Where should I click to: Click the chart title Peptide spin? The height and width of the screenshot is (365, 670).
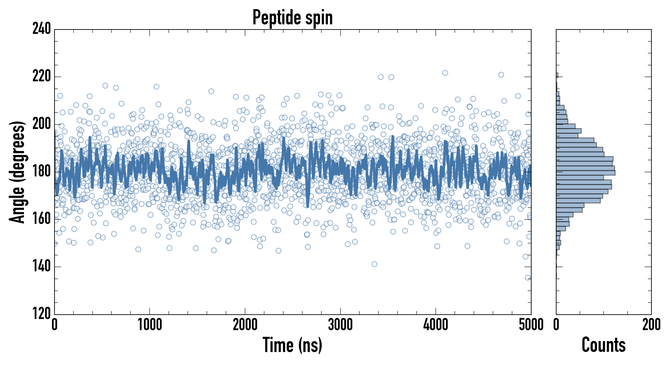click(293, 17)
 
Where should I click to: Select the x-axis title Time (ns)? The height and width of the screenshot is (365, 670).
click(293, 345)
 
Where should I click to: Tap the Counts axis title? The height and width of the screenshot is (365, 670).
click(603, 345)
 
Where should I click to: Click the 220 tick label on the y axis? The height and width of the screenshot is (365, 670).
click(42, 77)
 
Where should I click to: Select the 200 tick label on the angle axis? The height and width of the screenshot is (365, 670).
click(42, 124)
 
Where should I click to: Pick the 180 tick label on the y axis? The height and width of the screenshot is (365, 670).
click(42, 172)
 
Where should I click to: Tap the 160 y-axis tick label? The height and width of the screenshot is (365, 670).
click(42, 219)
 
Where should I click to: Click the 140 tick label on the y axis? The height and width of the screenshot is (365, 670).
click(42, 266)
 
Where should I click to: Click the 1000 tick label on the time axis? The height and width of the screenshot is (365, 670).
click(150, 325)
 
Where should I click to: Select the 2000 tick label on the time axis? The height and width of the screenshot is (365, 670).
click(245, 325)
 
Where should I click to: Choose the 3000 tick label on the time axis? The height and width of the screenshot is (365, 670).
click(340, 325)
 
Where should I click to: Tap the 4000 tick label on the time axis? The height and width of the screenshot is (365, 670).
click(436, 325)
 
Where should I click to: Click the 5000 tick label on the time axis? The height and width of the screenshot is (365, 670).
click(531, 325)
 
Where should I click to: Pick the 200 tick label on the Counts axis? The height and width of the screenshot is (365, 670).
click(651, 325)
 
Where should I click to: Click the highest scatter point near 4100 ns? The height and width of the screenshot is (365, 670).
click(445, 73)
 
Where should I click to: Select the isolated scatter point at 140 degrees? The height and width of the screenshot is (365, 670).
click(374, 264)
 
